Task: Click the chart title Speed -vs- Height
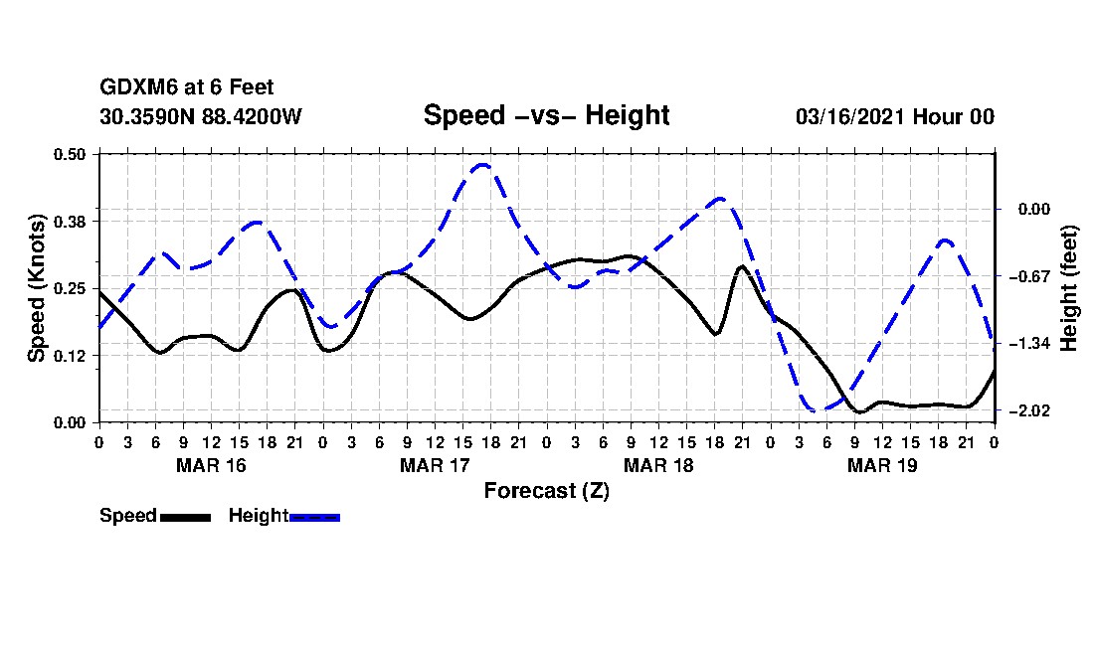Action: tap(546, 115)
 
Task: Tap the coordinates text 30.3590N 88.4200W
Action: tap(201, 116)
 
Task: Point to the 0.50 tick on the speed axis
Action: tap(72, 154)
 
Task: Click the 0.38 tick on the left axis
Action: tap(72, 221)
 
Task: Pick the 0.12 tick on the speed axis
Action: tap(72, 356)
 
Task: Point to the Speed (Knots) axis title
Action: tap(37, 287)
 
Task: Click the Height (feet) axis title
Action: tap(1070, 287)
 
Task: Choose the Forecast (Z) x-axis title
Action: tap(546, 491)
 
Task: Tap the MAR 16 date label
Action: tap(211, 465)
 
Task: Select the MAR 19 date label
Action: tap(882, 465)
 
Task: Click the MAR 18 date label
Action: tap(658, 465)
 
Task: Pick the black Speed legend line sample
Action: tap(185, 517)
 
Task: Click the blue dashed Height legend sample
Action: tap(314, 517)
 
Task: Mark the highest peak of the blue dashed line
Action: tap(482, 165)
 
